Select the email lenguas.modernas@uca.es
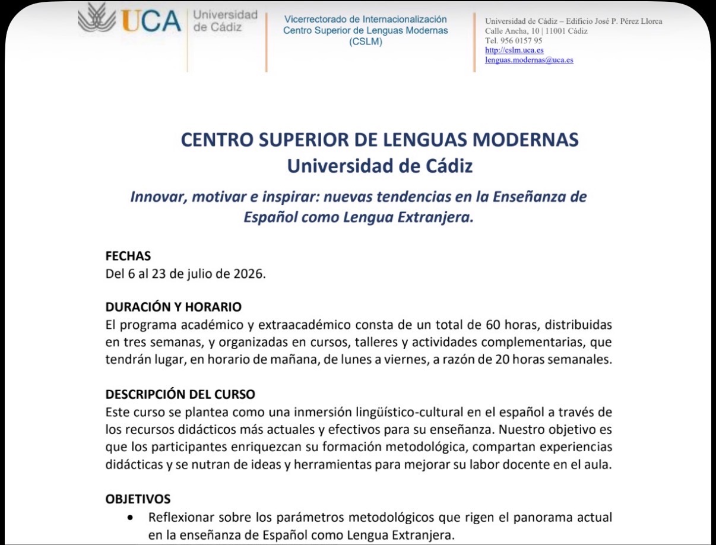coord(529,60)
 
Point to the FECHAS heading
coord(128,256)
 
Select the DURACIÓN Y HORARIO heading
coord(173,308)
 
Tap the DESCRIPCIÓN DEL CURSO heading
coord(180,394)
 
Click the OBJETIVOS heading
coord(138,499)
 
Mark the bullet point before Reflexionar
coord(131,518)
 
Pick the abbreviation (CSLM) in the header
coord(366,42)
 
